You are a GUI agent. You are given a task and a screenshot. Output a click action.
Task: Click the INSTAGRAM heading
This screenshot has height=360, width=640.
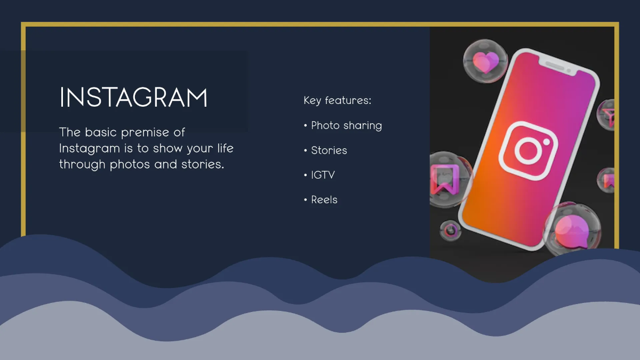[x=133, y=98]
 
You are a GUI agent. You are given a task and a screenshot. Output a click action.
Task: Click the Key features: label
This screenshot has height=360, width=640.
[x=337, y=100]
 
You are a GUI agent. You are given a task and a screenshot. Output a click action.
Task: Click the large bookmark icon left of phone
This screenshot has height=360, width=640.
[x=441, y=180]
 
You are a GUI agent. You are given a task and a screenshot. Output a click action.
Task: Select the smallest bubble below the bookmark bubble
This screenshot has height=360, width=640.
[x=451, y=230]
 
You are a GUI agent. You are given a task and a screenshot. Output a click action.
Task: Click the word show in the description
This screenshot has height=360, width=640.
[x=165, y=148]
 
